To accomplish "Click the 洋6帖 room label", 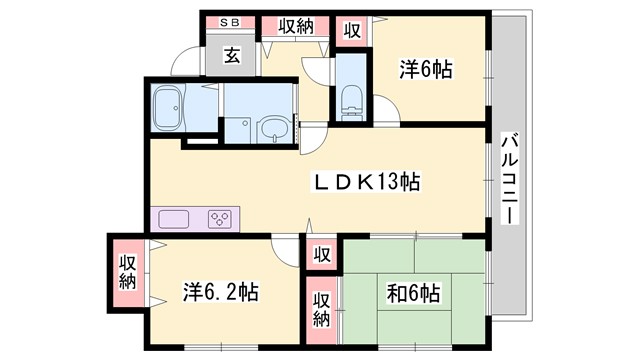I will pyautogui.click(x=426, y=70).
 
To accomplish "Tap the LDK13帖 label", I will pyautogui.click(x=369, y=182).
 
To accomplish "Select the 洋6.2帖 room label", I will pyautogui.click(x=221, y=293).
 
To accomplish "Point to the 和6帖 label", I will pyautogui.click(x=413, y=294).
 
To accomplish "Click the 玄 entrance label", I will pyautogui.click(x=231, y=56).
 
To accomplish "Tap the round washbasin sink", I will pyautogui.click(x=271, y=128).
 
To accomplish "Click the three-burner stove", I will pyautogui.click(x=221, y=219).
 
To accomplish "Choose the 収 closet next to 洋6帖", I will pyautogui.click(x=353, y=29).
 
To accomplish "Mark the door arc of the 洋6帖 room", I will pyautogui.click(x=385, y=108).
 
